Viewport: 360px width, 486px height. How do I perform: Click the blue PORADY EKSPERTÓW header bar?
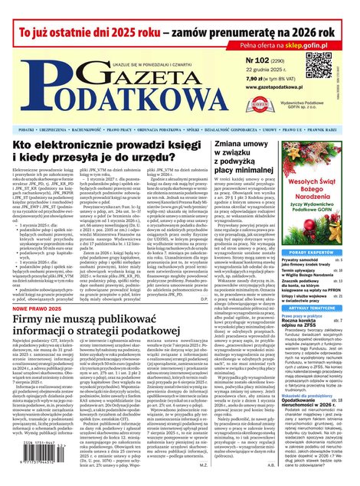[x=311, y=252]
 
